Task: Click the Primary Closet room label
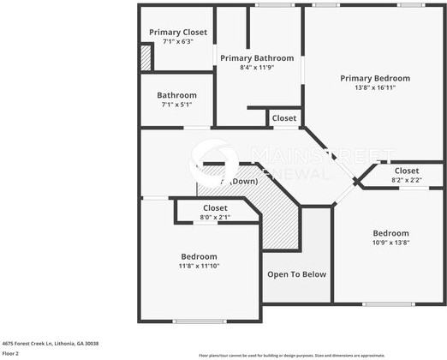click(x=177, y=32)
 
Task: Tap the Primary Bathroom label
click(x=257, y=58)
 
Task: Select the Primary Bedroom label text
click(x=375, y=78)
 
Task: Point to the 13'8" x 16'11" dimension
click(x=375, y=87)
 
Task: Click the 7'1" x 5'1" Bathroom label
click(x=176, y=95)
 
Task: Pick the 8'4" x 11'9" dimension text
click(x=257, y=67)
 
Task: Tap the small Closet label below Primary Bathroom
click(x=284, y=118)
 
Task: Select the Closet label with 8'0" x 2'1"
click(x=215, y=208)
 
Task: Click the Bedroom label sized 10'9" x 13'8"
click(x=390, y=233)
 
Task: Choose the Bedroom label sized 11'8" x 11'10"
click(x=199, y=256)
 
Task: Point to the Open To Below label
click(x=296, y=274)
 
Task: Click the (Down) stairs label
click(x=241, y=182)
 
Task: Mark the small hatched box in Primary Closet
click(x=146, y=59)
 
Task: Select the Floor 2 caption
click(x=11, y=353)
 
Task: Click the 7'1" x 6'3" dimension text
click(x=176, y=41)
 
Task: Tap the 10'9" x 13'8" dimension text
click(x=390, y=243)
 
